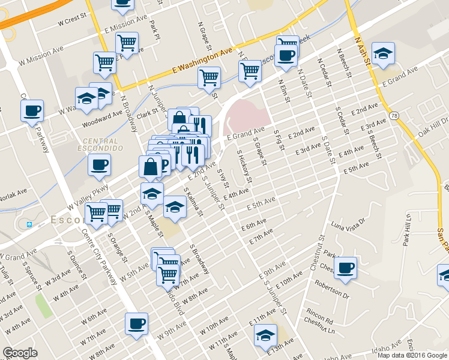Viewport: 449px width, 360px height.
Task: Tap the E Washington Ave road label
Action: pyautogui.click(x=202, y=60)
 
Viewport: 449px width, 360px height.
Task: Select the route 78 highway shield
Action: pyautogui.click(x=393, y=115)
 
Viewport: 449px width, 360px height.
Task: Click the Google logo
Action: pyautogui.click(x=20, y=352)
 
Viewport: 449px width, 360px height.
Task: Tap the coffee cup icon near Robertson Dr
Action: pyautogui.click(x=345, y=268)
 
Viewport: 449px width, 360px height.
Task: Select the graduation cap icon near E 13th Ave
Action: pyautogui.click(x=265, y=335)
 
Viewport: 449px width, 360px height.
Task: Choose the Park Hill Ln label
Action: pyautogui.click(x=407, y=229)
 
